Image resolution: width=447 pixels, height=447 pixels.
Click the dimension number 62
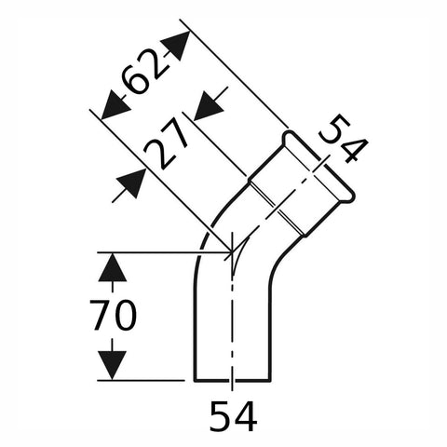pos(142,72)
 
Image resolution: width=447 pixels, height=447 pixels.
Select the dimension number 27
pos(166,145)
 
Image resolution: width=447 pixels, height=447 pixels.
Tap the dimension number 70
pos(113,315)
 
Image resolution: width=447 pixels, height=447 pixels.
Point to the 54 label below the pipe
pos(233,416)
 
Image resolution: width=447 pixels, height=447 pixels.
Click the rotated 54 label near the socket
pos(344,138)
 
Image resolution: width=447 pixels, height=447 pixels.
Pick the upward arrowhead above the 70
pos(113,267)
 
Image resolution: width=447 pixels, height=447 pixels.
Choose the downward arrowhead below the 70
pos(113,365)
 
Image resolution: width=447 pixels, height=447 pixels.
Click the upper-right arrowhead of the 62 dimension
pos(176,46)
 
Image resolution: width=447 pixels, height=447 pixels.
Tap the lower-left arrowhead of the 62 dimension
pos(115,105)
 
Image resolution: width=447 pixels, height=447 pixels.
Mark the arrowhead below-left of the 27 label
pos(131,183)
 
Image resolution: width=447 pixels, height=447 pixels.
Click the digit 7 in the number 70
pos(101,315)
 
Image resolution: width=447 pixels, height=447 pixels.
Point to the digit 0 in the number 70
pos(126,315)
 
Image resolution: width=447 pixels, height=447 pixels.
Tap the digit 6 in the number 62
pos(133,81)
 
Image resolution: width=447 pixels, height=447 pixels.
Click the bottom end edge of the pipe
pos(233,380)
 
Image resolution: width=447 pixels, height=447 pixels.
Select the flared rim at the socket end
pos(318,165)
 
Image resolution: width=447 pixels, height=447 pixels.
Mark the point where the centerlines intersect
pos(232,251)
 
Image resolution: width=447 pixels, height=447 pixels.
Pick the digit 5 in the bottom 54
pos(221,416)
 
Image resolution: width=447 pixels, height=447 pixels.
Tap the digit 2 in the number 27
pos(157,155)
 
